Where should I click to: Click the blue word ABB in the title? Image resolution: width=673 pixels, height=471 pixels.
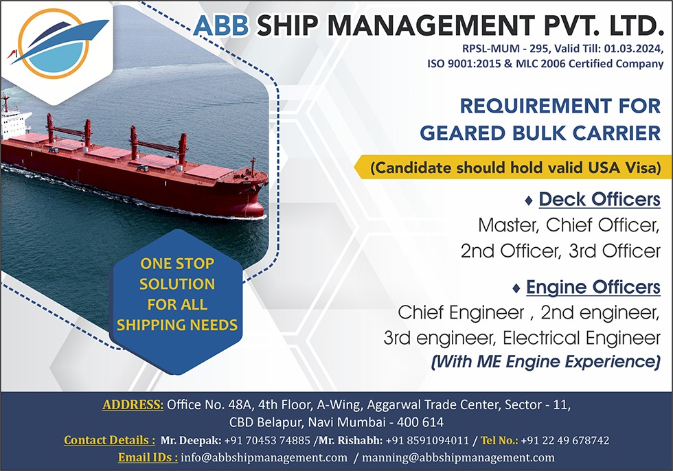tap(220, 25)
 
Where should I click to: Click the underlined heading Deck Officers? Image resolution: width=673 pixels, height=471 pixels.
tap(599, 200)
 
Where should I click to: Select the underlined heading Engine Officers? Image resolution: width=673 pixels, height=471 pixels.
tap(593, 287)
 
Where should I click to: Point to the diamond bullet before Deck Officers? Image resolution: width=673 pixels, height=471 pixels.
tap(529, 200)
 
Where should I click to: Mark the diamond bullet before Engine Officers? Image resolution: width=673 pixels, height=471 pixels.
tap(516, 288)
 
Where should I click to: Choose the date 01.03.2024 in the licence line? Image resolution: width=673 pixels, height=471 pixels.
tap(632, 49)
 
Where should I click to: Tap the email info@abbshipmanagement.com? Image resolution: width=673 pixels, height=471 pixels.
tap(264, 458)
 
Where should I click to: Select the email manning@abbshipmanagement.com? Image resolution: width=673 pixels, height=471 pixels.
tap(458, 458)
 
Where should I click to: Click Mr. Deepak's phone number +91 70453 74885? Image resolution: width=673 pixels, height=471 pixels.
tap(267, 440)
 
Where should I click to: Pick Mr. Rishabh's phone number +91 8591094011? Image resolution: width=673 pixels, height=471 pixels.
tap(427, 440)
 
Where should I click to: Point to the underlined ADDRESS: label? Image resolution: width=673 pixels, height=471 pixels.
tap(133, 404)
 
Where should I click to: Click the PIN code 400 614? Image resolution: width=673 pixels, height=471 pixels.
tap(420, 422)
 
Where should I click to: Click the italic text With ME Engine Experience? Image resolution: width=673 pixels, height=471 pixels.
tap(545, 362)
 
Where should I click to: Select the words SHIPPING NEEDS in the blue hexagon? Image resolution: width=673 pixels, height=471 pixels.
tap(177, 325)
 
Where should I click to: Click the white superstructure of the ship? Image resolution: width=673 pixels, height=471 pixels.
tap(14, 124)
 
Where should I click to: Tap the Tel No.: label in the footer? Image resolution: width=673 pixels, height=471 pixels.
tap(500, 440)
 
